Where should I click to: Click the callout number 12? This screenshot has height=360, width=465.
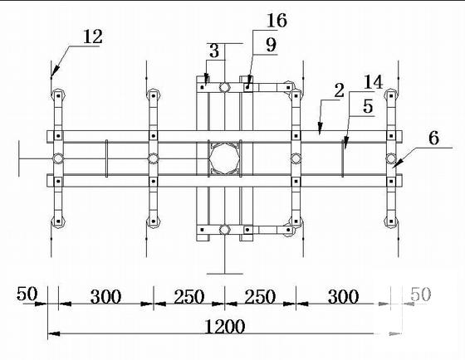pos(93,36)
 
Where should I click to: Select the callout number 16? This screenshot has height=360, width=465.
pos(277,20)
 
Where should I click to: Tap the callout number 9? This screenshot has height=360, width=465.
pos(271,45)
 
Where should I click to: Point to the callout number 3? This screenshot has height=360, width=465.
pos(214,51)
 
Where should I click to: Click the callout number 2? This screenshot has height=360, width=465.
pos(340,90)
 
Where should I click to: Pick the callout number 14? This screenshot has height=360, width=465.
pos(373,82)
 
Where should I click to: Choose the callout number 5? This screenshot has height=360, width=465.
pos(368,106)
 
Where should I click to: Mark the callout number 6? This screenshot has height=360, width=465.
pos(433,138)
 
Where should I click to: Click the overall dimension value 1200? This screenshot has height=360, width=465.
pos(225,327)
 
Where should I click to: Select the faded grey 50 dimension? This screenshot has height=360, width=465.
pos(420,294)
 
